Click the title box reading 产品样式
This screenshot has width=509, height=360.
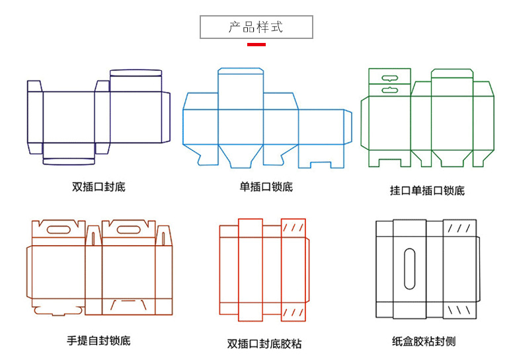(256, 27)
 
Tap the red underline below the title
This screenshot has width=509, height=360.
(256, 44)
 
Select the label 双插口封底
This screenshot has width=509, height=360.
(98, 187)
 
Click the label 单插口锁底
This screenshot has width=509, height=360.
(266, 187)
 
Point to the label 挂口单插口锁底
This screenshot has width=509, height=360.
(427, 191)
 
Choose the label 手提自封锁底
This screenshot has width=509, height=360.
(98, 341)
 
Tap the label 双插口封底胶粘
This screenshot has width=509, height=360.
(264, 343)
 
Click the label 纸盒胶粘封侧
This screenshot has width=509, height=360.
(424, 342)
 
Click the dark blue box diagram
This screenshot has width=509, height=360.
(98, 116)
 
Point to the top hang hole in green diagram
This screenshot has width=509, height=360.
(387, 77)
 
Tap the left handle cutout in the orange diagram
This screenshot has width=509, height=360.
(56, 230)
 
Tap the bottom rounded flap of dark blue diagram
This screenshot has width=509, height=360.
(68, 160)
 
